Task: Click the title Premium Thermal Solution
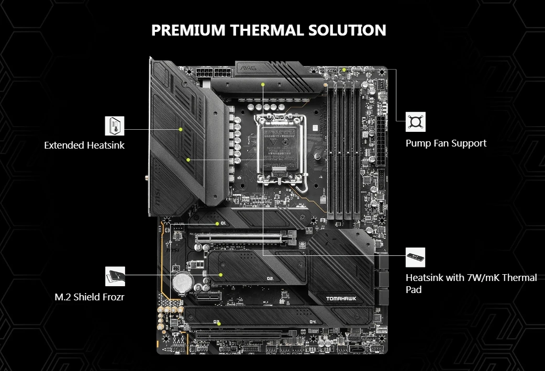[x=269, y=30]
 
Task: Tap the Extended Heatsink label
[x=84, y=145]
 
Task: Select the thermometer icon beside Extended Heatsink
[x=114, y=126]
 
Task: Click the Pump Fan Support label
[x=446, y=143]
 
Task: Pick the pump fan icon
[x=416, y=121]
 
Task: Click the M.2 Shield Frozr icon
[x=115, y=276]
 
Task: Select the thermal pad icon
[x=416, y=257]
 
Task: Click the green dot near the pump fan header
[x=344, y=70]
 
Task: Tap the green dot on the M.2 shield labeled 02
[x=221, y=274]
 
